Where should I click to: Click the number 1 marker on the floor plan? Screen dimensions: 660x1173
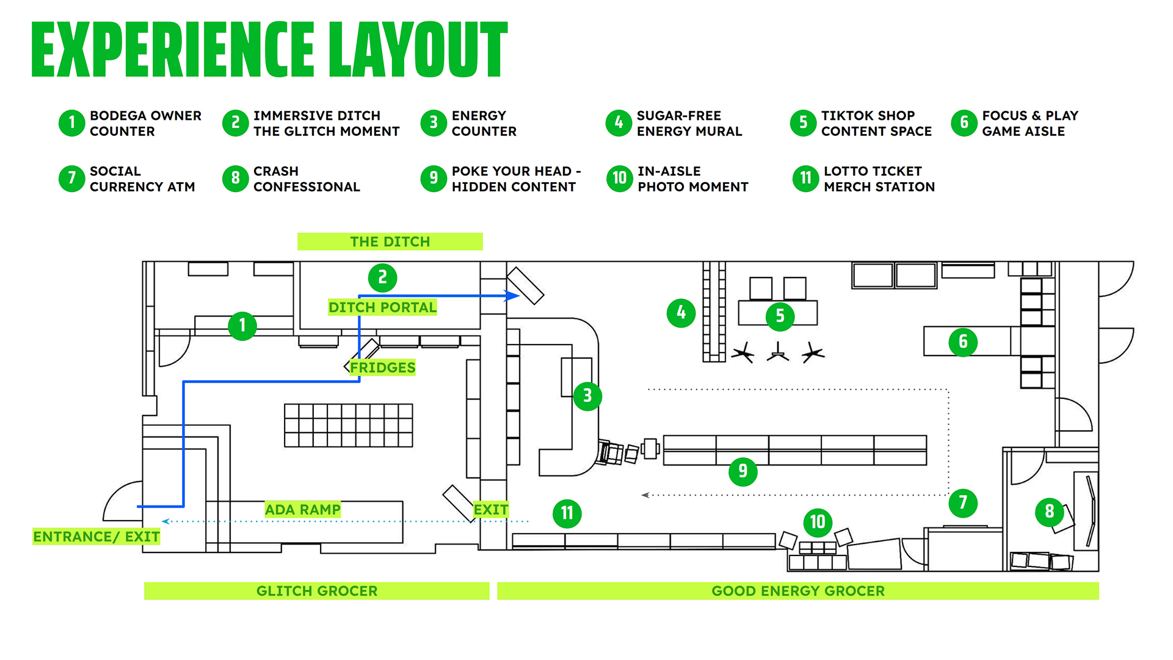coord(242,326)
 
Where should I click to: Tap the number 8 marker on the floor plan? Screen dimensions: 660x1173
coord(1049,511)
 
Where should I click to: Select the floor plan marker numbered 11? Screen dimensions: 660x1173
coord(567,513)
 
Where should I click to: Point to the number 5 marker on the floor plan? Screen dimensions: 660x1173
coord(780,316)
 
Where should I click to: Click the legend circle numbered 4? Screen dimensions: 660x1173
coord(619,123)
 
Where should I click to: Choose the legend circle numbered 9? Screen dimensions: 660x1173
coord(434,178)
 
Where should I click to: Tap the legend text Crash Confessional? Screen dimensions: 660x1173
coord(307,179)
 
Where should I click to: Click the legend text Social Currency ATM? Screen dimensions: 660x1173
coord(142,179)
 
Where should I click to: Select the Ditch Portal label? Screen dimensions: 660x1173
coord(382,307)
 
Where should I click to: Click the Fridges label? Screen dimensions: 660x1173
coord(382,367)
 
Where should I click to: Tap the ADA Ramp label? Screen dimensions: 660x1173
coord(303,510)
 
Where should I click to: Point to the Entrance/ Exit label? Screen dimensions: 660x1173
coord(96,537)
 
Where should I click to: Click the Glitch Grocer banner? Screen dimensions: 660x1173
coord(316,591)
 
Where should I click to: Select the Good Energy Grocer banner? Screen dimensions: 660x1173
coord(797,591)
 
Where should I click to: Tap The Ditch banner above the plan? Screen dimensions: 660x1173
coord(390,241)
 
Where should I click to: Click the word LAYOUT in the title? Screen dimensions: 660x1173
coord(418,50)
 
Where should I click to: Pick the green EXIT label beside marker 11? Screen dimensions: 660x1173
coord(490,510)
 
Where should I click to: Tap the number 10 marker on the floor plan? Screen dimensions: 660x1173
coord(818,522)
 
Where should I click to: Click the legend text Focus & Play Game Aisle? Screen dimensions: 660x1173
coord(1030,123)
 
